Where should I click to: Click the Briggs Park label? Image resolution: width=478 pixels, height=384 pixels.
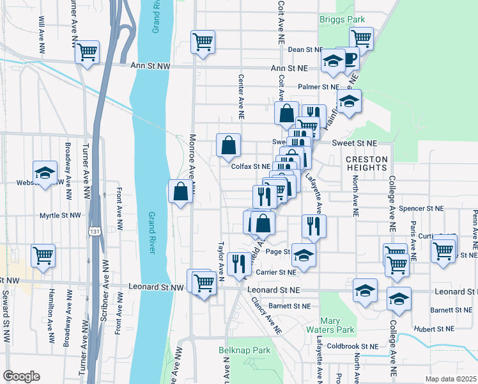pos(342,19)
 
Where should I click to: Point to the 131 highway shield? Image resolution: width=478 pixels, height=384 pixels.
pos(93,230)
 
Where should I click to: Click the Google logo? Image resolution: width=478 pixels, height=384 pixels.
pos(22,376)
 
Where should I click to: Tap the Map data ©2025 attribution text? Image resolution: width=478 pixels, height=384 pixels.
pos(451,378)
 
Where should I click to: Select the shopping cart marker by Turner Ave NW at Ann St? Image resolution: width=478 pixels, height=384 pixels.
pos(87,52)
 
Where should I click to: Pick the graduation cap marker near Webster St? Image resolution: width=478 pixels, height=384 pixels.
pos(45,173)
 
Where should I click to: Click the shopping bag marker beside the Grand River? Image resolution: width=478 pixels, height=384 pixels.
pos(181,191)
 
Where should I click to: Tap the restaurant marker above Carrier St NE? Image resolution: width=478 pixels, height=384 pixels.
pos(237,262)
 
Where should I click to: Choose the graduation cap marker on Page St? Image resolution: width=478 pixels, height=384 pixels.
pos(304,254)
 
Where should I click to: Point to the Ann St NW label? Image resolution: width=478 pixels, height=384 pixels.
pos(151,66)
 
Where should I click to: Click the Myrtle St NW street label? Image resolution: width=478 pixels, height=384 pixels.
pos(61,216)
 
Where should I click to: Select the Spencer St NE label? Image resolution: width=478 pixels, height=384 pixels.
pos(420,209)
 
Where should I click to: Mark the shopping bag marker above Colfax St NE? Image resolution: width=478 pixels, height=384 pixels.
pos(228,145)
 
